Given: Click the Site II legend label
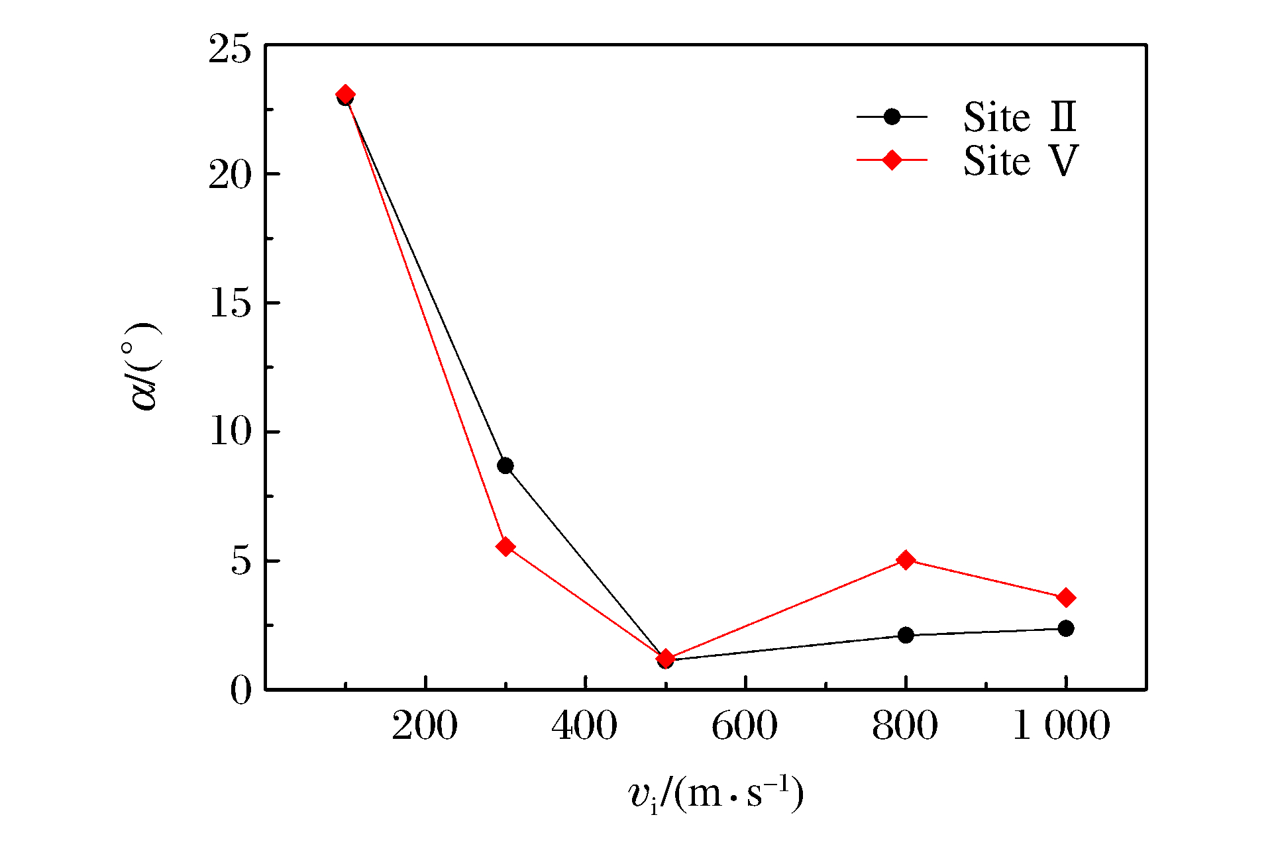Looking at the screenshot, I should (x=1020, y=117).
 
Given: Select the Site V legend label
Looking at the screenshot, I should (x=1020, y=161).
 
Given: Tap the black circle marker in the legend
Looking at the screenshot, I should (x=892, y=117).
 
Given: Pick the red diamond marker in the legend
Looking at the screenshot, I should (x=892, y=160).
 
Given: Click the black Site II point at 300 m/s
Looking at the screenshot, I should (x=505, y=465).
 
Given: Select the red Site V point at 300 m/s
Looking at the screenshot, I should (x=505, y=547).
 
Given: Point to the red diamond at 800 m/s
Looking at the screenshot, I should (x=906, y=560).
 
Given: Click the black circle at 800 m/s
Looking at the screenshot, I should (x=906, y=636).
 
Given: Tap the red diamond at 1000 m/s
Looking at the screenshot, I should (x=1066, y=598).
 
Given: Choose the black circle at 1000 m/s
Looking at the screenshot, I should (x=1066, y=628).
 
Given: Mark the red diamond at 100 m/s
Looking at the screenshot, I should (x=345, y=95).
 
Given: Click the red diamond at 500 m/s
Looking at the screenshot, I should (x=666, y=657).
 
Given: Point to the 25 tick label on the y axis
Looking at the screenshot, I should (x=230, y=49).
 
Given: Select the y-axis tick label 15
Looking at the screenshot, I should (x=230, y=304).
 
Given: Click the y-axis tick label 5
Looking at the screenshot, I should (x=241, y=561).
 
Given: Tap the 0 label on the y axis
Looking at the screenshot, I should (x=241, y=691).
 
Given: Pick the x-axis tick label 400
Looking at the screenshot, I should (x=584, y=726).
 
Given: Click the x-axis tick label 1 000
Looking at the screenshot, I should (x=1061, y=726).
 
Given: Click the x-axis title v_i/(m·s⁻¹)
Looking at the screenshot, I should (x=716, y=794).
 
